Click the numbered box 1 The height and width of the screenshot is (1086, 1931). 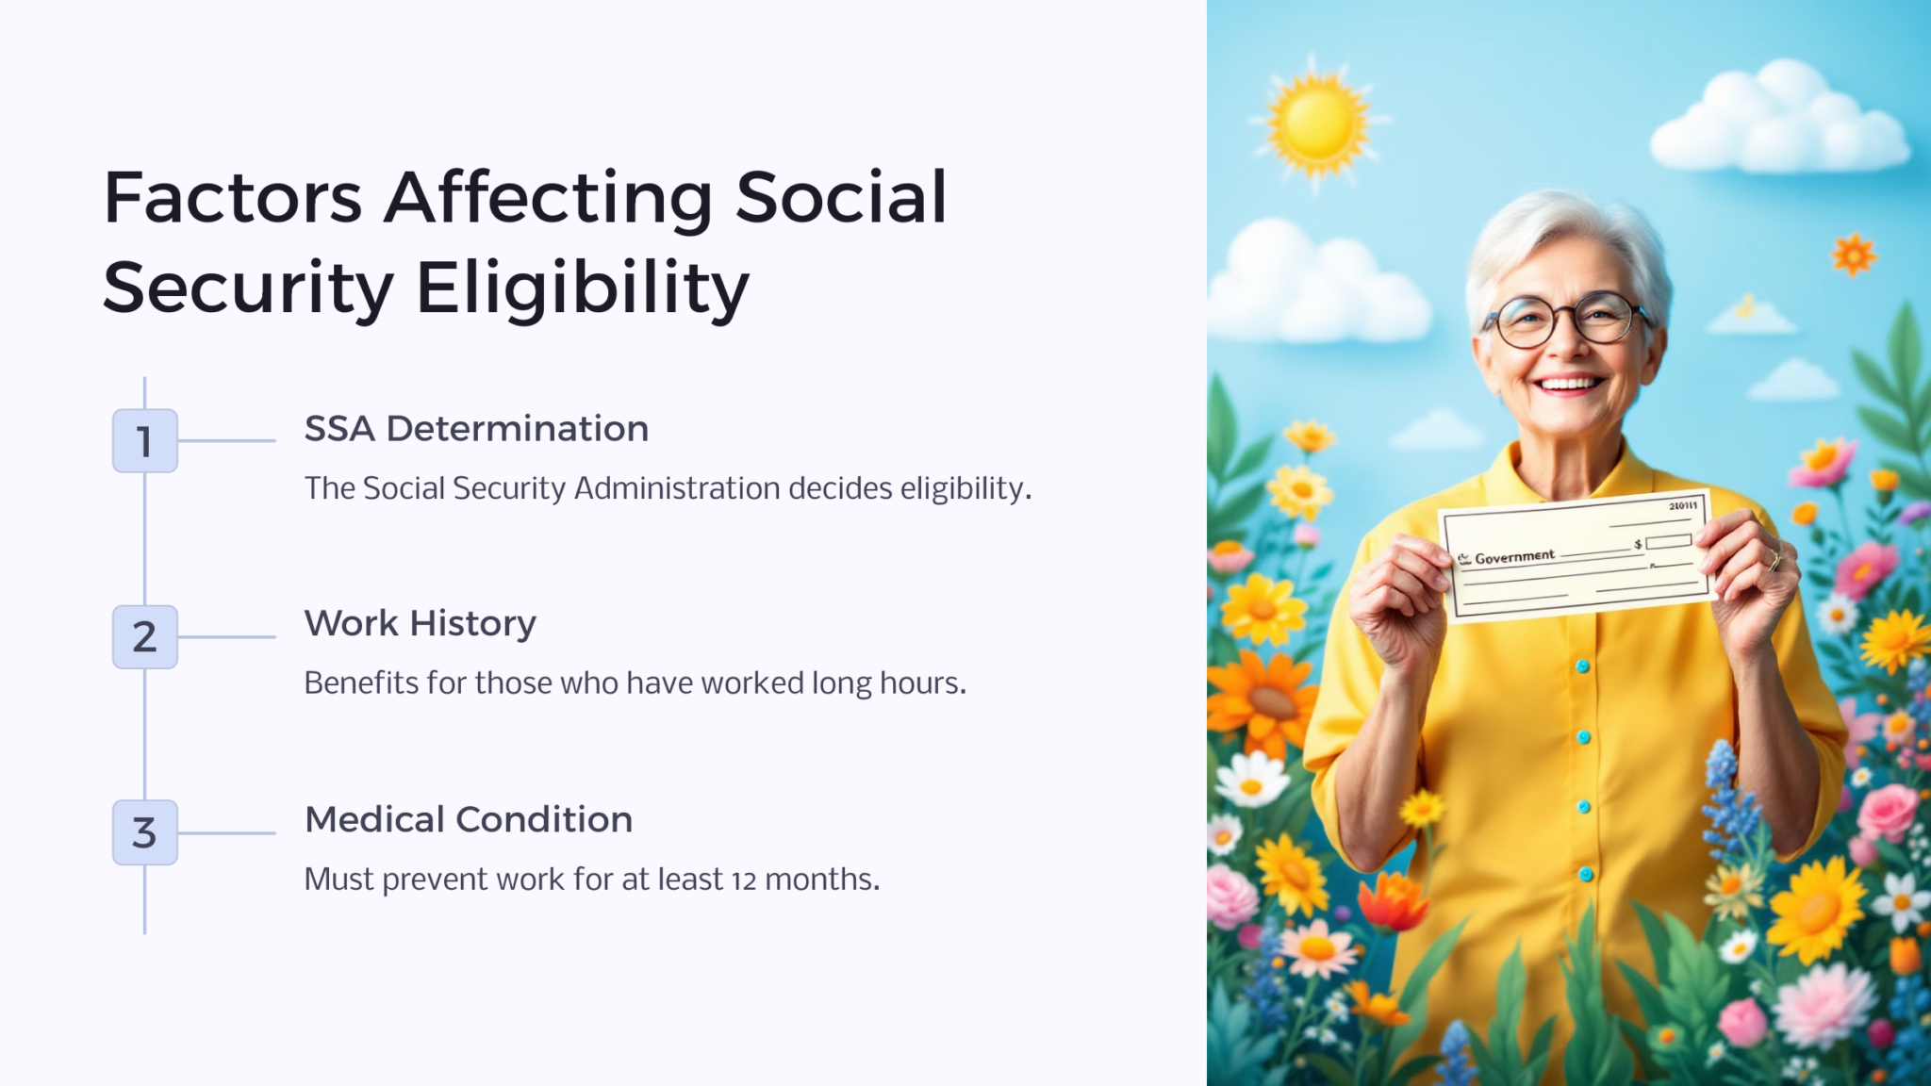(144, 441)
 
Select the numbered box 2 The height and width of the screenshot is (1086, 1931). (144, 637)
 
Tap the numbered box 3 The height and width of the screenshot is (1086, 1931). (144, 833)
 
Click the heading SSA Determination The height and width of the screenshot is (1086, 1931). (476, 429)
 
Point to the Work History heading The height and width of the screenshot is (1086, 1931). (420, 624)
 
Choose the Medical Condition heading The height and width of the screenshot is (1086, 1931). (468, 820)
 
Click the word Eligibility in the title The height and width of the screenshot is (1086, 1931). (583, 288)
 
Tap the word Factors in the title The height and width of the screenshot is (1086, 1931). (233, 198)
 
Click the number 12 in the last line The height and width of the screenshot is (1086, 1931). (744, 881)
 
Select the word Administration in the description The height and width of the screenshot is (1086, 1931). (677, 488)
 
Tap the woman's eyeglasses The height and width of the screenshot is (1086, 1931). (1569, 320)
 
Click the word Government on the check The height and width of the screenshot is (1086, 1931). (1514, 557)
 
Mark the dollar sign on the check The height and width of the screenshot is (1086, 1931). (1638, 545)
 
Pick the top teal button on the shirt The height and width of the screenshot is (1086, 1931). (1583, 666)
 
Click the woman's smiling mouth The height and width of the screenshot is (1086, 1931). (1569, 384)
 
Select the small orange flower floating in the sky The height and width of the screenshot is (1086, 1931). (1854, 255)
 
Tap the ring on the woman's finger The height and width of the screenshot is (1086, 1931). (1774, 560)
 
